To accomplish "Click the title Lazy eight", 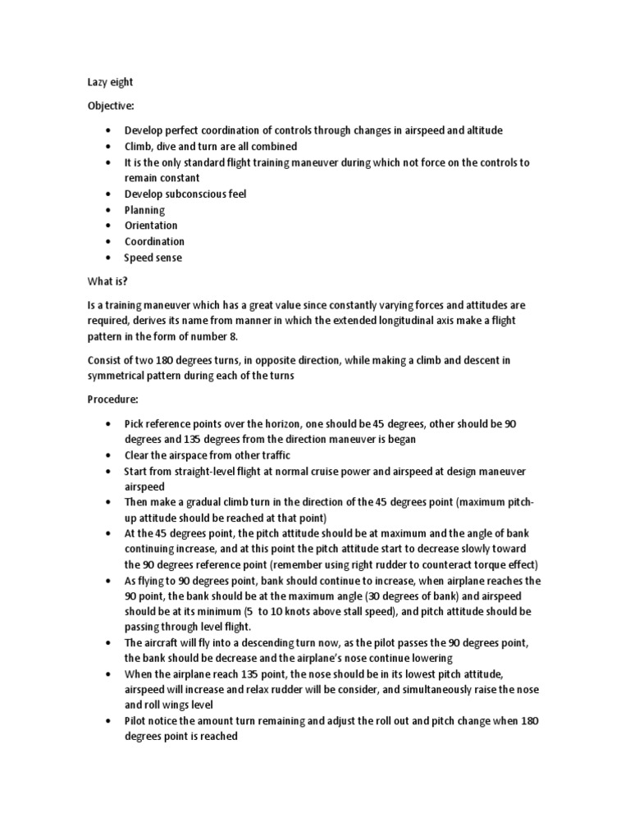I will [111, 82].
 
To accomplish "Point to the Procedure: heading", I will [114, 399].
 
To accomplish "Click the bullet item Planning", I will [144, 210].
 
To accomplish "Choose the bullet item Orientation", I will [151, 226].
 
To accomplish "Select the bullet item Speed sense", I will [153, 258].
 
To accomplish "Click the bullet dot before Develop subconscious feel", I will [107, 194].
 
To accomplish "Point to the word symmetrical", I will [123, 376].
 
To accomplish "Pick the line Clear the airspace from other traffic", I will [208, 455].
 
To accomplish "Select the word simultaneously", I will [420, 690].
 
